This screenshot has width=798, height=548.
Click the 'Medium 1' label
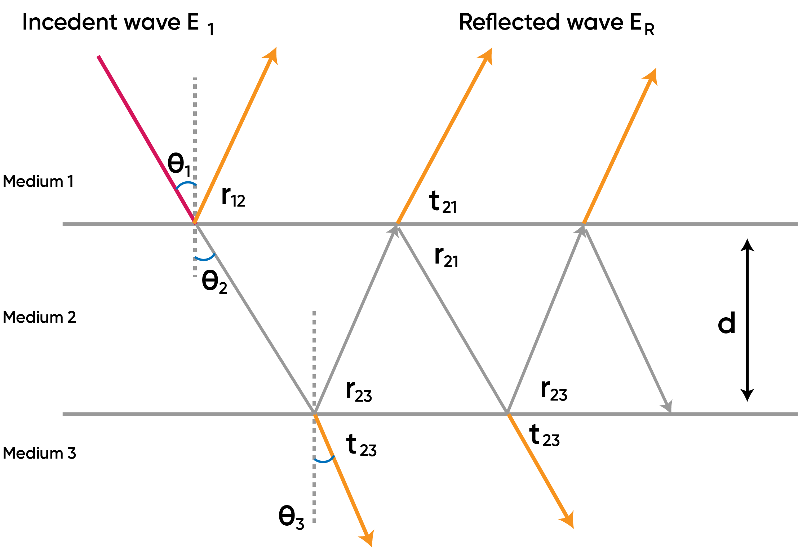pos(38,181)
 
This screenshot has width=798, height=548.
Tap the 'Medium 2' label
pos(39,317)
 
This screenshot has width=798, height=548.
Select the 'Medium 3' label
pos(39,453)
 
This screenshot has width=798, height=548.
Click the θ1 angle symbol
pos(178,164)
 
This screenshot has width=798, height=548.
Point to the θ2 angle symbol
pos(214,282)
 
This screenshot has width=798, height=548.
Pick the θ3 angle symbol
pos(291,517)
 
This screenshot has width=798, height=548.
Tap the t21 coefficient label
pos(443,202)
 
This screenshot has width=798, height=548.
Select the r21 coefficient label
pos(446,257)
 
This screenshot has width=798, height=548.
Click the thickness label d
pos(726,323)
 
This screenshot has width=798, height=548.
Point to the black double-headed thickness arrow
pos(747,320)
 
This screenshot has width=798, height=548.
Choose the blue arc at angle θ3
pos(324,460)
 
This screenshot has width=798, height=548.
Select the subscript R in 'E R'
pos(649,30)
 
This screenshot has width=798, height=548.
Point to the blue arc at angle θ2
pos(205,258)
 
